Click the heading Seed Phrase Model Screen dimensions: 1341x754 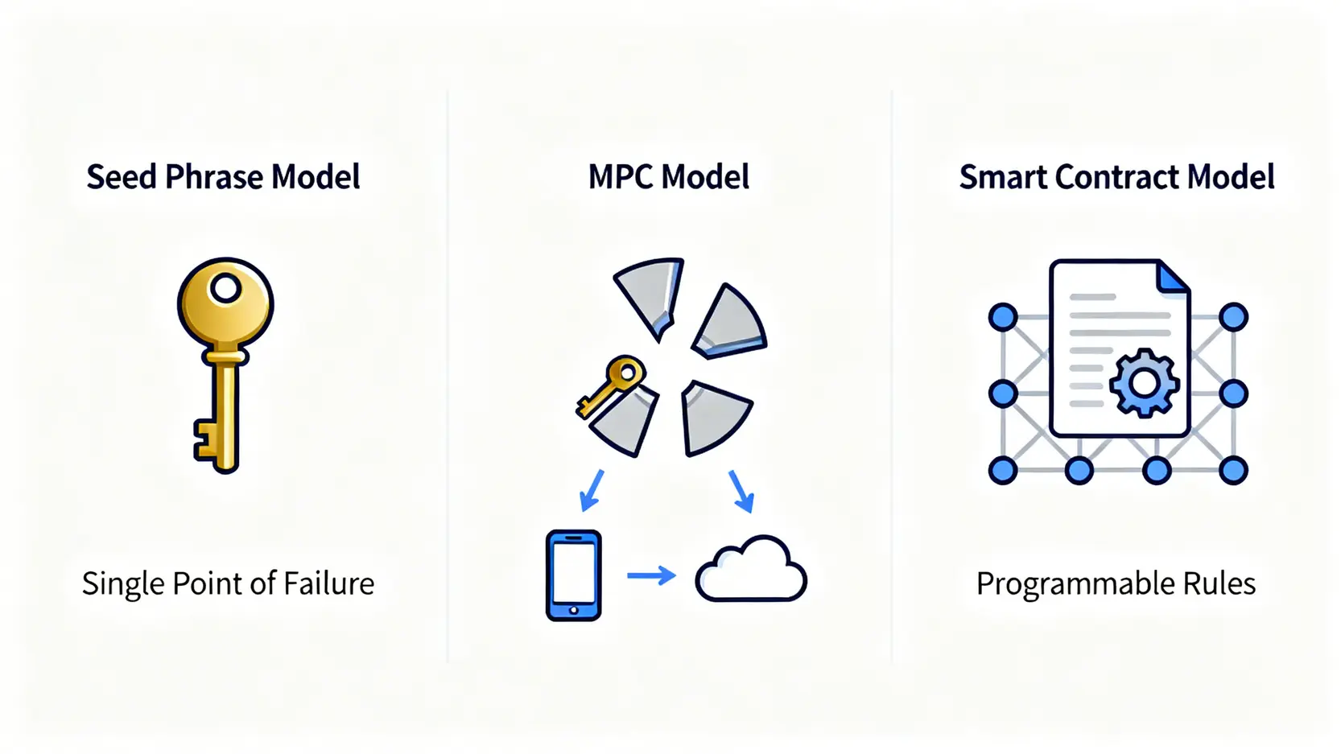[x=223, y=177]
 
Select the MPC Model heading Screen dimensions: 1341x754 [x=669, y=177]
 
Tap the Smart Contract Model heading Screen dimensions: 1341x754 [x=1117, y=177]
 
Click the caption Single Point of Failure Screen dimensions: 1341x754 [x=228, y=584]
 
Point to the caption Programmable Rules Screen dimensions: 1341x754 [x=1116, y=584]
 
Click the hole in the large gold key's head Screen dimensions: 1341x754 [x=225, y=289]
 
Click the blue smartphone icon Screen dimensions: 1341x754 [x=574, y=575]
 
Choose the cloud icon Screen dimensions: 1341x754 [x=751, y=568]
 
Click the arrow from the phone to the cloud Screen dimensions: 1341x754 [x=651, y=575]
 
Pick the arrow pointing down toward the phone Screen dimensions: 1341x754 [x=592, y=491]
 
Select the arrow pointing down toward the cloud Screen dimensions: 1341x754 [x=741, y=492]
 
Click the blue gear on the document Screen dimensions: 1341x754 [x=1144, y=383]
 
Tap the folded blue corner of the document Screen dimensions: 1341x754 [x=1173, y=279]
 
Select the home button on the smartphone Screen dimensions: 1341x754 [x=574, y=611]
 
